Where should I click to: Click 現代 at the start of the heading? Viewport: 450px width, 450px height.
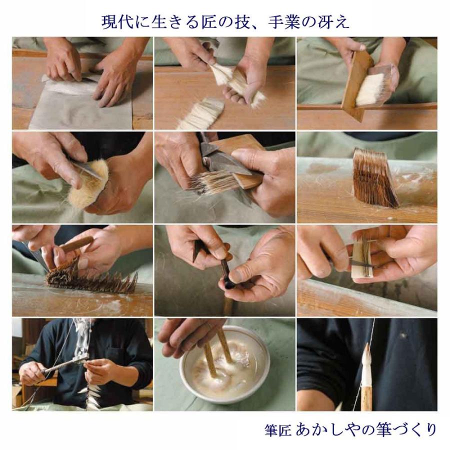pyautogui.click(x=113, y=21)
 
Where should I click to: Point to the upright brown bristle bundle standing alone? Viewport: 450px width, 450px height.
pyautogui.click(x=374, y=177)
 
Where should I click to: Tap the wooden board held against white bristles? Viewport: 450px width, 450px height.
pyautogui.click(x=356, y=85)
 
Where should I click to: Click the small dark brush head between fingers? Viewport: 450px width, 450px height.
pyautogui.click(x=228, y=283)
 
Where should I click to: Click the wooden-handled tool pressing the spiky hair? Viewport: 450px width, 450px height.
pyautogui.click(x=75, y=245)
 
